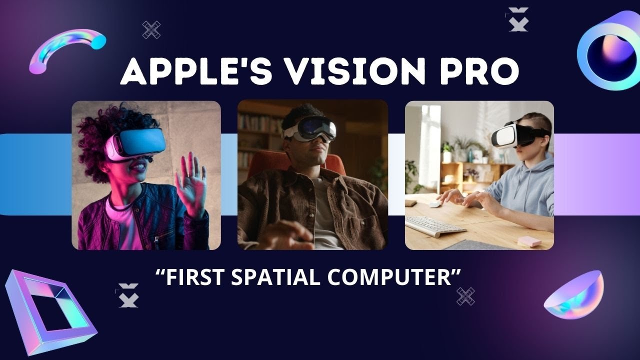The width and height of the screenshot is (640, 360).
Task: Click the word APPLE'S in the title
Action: [187, 71]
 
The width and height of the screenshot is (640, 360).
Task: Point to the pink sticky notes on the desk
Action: [529, 241]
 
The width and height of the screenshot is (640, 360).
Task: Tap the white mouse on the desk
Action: [435, 204]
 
